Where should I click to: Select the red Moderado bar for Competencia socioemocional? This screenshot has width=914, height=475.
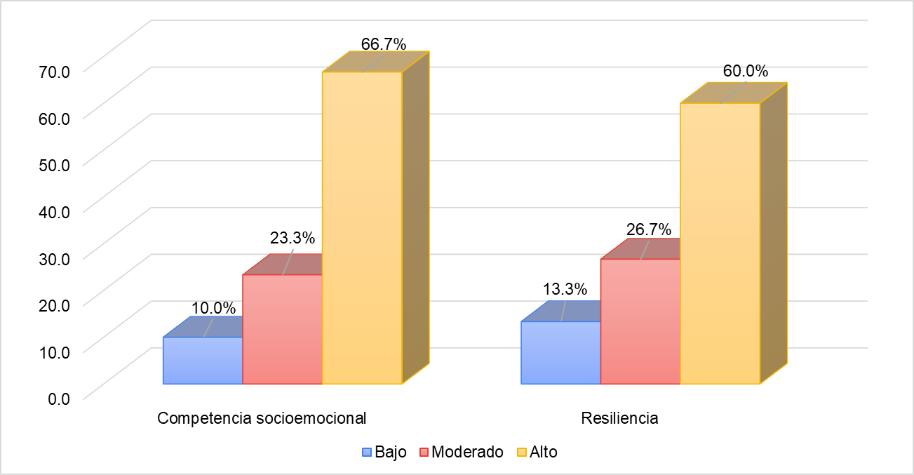click(x=282, y=329)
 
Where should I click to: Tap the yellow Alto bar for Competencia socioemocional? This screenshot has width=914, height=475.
click(x=362, y=228)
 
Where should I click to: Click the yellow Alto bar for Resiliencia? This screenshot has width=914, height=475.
click(x=720, y=243)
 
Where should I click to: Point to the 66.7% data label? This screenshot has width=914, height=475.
click(x=384, y=44)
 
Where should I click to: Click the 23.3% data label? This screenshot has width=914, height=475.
click(x=293, y=238)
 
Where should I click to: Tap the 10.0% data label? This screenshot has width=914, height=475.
click(x=213, y=307)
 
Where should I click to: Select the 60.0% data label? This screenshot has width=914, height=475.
click(x=745, y=71)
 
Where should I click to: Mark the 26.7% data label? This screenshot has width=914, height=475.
click(x=649, y=229)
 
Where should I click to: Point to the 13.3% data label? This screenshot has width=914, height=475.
click(x=565, y=289)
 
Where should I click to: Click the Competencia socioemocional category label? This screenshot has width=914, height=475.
click(x=262, y=418)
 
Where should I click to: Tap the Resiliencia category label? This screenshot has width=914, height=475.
click(x=619, y=418)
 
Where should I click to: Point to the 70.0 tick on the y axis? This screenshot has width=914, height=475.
click(x=55, y=70)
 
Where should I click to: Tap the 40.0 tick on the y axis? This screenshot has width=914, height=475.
click(x=55, y=210)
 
